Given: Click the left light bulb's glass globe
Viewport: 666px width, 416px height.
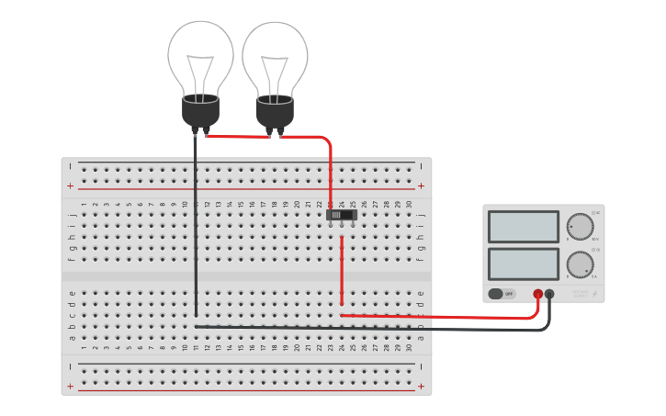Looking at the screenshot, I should [200, 55].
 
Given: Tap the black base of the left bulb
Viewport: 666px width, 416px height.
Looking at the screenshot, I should [200, 111].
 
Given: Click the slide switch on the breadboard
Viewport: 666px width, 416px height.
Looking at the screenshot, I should [342, 215].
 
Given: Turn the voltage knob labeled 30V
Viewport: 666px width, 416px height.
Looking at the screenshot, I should [580, 226].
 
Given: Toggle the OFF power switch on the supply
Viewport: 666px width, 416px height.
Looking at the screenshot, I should [502, 294].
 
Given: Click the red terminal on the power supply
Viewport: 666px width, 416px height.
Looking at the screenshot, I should [538, 294].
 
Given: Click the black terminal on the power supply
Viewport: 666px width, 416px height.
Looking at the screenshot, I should [549, 294].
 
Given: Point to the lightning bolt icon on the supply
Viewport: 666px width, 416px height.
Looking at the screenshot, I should [594, 294].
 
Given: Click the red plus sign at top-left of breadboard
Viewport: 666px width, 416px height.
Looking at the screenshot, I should [71, 186].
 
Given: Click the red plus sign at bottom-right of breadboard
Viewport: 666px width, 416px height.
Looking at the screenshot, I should [421, 387].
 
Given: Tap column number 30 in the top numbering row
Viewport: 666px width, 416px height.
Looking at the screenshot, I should [409, 204].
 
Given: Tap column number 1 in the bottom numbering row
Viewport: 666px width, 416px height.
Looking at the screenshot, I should [84, 347].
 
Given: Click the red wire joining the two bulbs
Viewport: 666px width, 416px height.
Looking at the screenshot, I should [239, 136].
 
